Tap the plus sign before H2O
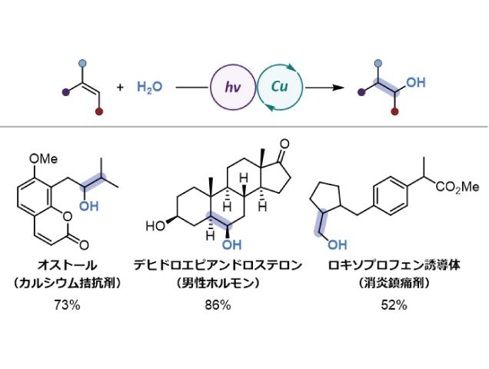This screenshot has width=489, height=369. click(120, 88)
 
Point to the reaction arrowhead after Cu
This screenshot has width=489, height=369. click(336, 87)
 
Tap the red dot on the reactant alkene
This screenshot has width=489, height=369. click(98, 111)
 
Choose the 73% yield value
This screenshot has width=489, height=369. click(72, 304)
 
